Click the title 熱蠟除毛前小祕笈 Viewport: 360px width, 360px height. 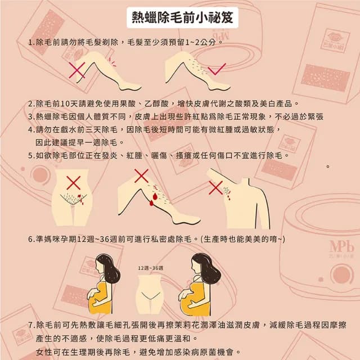click(x=179, y=17)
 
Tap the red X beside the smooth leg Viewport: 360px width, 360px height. click(x=76, y=70)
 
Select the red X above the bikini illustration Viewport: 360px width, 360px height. click(x=74, y=182)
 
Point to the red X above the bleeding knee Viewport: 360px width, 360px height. click(x=141, y=176)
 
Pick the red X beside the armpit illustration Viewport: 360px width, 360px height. click(x=215, y=187)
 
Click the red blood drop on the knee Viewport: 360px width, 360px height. click(x=150, y=201)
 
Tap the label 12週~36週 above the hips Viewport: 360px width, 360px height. click(x=150, y=268)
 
